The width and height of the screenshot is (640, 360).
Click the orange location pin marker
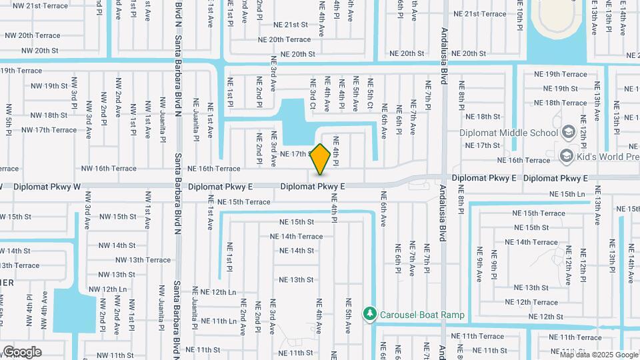[x=321, y=159]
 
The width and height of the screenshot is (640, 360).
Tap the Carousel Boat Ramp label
[x=422, y=315]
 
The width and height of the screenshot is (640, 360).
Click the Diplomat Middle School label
[x=508, y=132]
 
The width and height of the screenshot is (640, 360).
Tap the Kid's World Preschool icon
[x=567, y=156]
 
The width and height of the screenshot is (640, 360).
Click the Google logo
[x=23, y=351]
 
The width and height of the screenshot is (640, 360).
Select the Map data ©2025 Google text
[x=598, y=355]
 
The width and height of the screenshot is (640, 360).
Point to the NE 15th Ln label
[x=567, y=193]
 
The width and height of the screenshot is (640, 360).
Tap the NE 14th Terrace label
[x=296, y=236]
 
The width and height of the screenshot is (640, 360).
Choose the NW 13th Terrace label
[x=143, y=260]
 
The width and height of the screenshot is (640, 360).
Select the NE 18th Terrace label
[x=560, y=103]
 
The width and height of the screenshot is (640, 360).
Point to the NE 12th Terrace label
[x=531, y=302]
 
